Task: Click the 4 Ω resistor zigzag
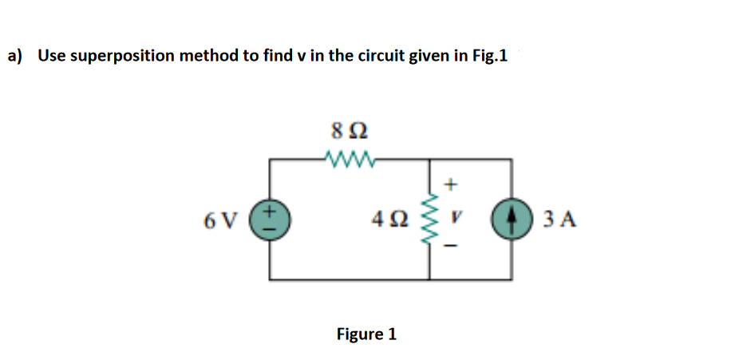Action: tap(432, 218)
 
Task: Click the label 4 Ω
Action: tap(390, 218)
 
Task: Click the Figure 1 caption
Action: tap(366, 334)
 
